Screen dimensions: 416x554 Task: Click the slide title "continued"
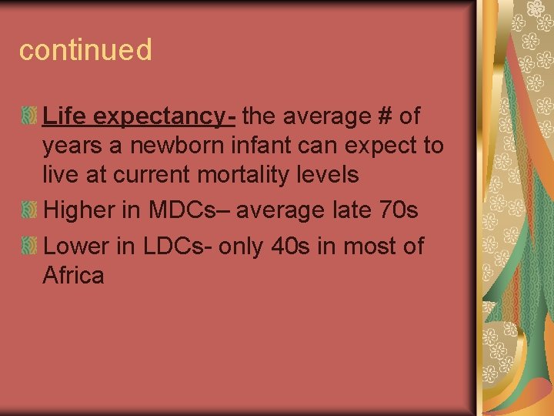click(85, 50)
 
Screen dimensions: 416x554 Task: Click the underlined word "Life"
click(63, 116)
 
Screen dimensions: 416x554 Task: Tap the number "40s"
click(309, 247)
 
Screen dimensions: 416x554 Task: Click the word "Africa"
click(74, 276)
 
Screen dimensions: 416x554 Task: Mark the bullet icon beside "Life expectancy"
click(28, 117)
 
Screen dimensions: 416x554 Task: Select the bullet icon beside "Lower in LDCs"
click(28, 247)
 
